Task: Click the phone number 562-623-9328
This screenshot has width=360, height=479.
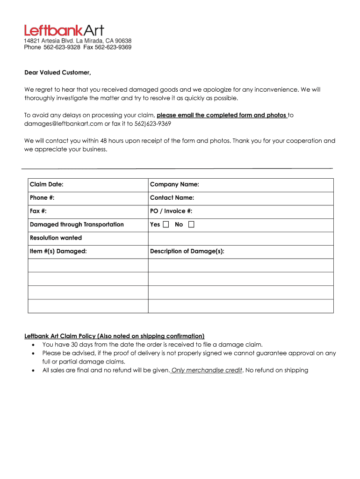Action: [58, 47]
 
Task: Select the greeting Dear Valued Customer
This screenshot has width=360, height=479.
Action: [58, 73]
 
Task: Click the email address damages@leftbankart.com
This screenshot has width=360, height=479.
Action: [64, 123]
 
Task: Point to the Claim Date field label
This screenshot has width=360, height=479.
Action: [47, 184]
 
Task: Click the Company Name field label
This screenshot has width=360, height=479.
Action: [174, 184]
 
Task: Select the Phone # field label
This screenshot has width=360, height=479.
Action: [42, 198]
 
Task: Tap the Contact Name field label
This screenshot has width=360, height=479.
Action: [172, 198]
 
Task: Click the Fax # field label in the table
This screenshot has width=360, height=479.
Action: [38, 211]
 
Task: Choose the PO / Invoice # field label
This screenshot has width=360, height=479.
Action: [171, 211]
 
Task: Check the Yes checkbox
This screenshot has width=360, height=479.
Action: [166, 225]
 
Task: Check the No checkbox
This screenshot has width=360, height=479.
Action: [191, 225]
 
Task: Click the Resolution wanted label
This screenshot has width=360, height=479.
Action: [56, 238]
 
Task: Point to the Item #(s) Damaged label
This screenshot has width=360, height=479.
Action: [58, 252]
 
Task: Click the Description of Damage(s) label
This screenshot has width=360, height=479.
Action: [187, 252]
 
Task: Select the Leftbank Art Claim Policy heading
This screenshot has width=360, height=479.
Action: [115, 336]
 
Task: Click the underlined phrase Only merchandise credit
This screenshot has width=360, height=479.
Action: [207, 370]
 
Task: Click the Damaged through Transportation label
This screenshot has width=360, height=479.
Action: [77, 225]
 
